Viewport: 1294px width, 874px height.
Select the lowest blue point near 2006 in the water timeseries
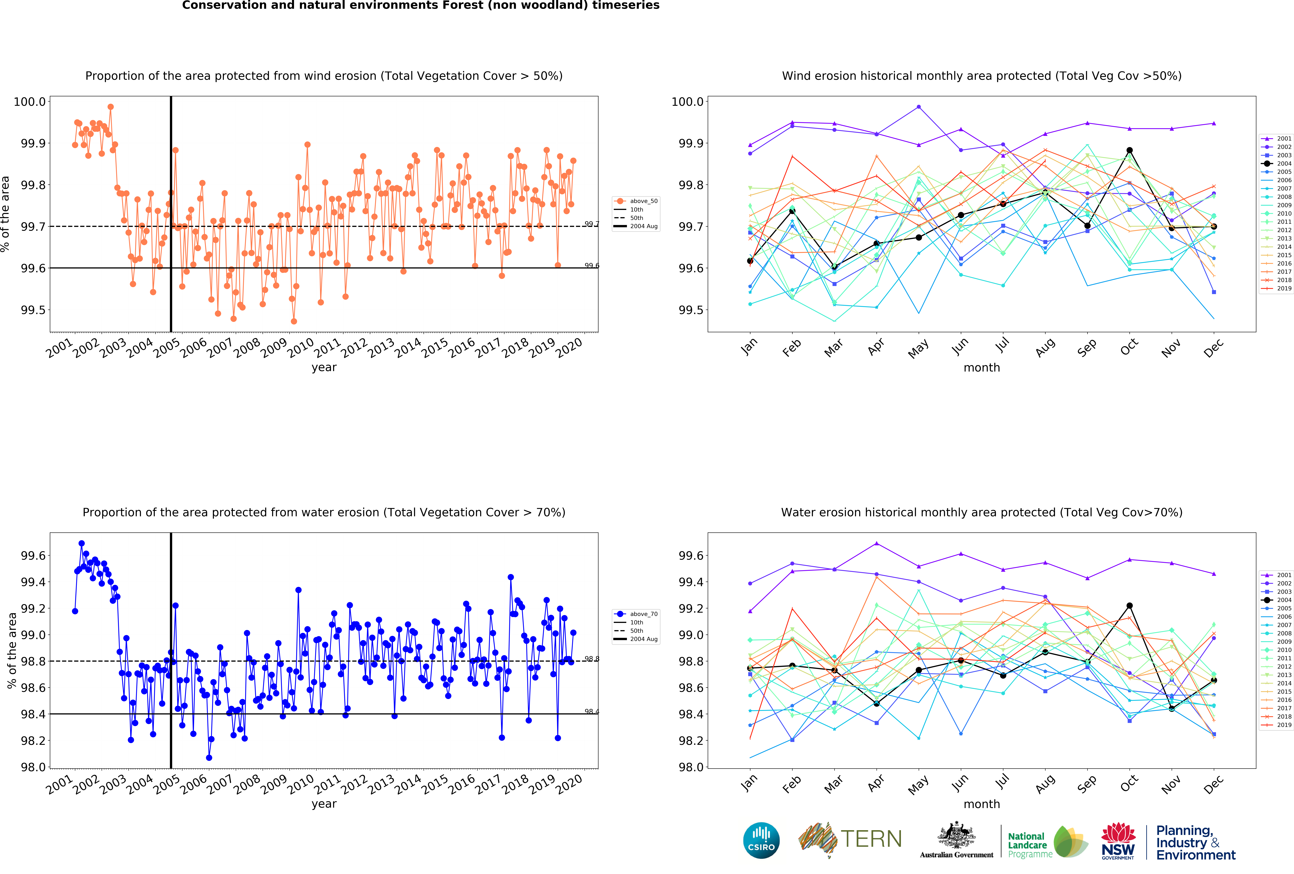pyautogui.click(x=209, y=758)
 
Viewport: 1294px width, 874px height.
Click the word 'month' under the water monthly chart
pyautogui.click(x=982, y=804)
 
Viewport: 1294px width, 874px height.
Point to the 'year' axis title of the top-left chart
pyautogui.click(x=324, y=367)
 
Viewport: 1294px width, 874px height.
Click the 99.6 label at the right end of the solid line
pyautogui.click(x=591, y=266)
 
